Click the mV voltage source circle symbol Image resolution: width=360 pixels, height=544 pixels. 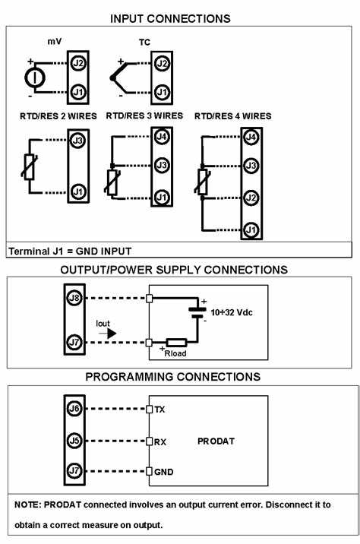pos(33,78)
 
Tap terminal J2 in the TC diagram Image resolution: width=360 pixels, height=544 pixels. pos(161,65)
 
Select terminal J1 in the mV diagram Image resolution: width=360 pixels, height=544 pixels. pos(77,93)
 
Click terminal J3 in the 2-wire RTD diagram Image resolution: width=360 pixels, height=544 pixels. pos(77,141)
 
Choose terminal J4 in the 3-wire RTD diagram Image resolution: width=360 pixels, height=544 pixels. pos(161,138)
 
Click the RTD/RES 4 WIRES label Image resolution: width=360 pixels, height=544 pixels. pos(232,116)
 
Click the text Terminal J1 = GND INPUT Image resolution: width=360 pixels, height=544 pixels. pos(70,251)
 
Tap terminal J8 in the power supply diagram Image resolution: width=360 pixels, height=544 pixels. pos(74,297)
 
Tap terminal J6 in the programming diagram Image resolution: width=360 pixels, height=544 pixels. pos(74,409)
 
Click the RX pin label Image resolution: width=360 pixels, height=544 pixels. pos(160,441)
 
